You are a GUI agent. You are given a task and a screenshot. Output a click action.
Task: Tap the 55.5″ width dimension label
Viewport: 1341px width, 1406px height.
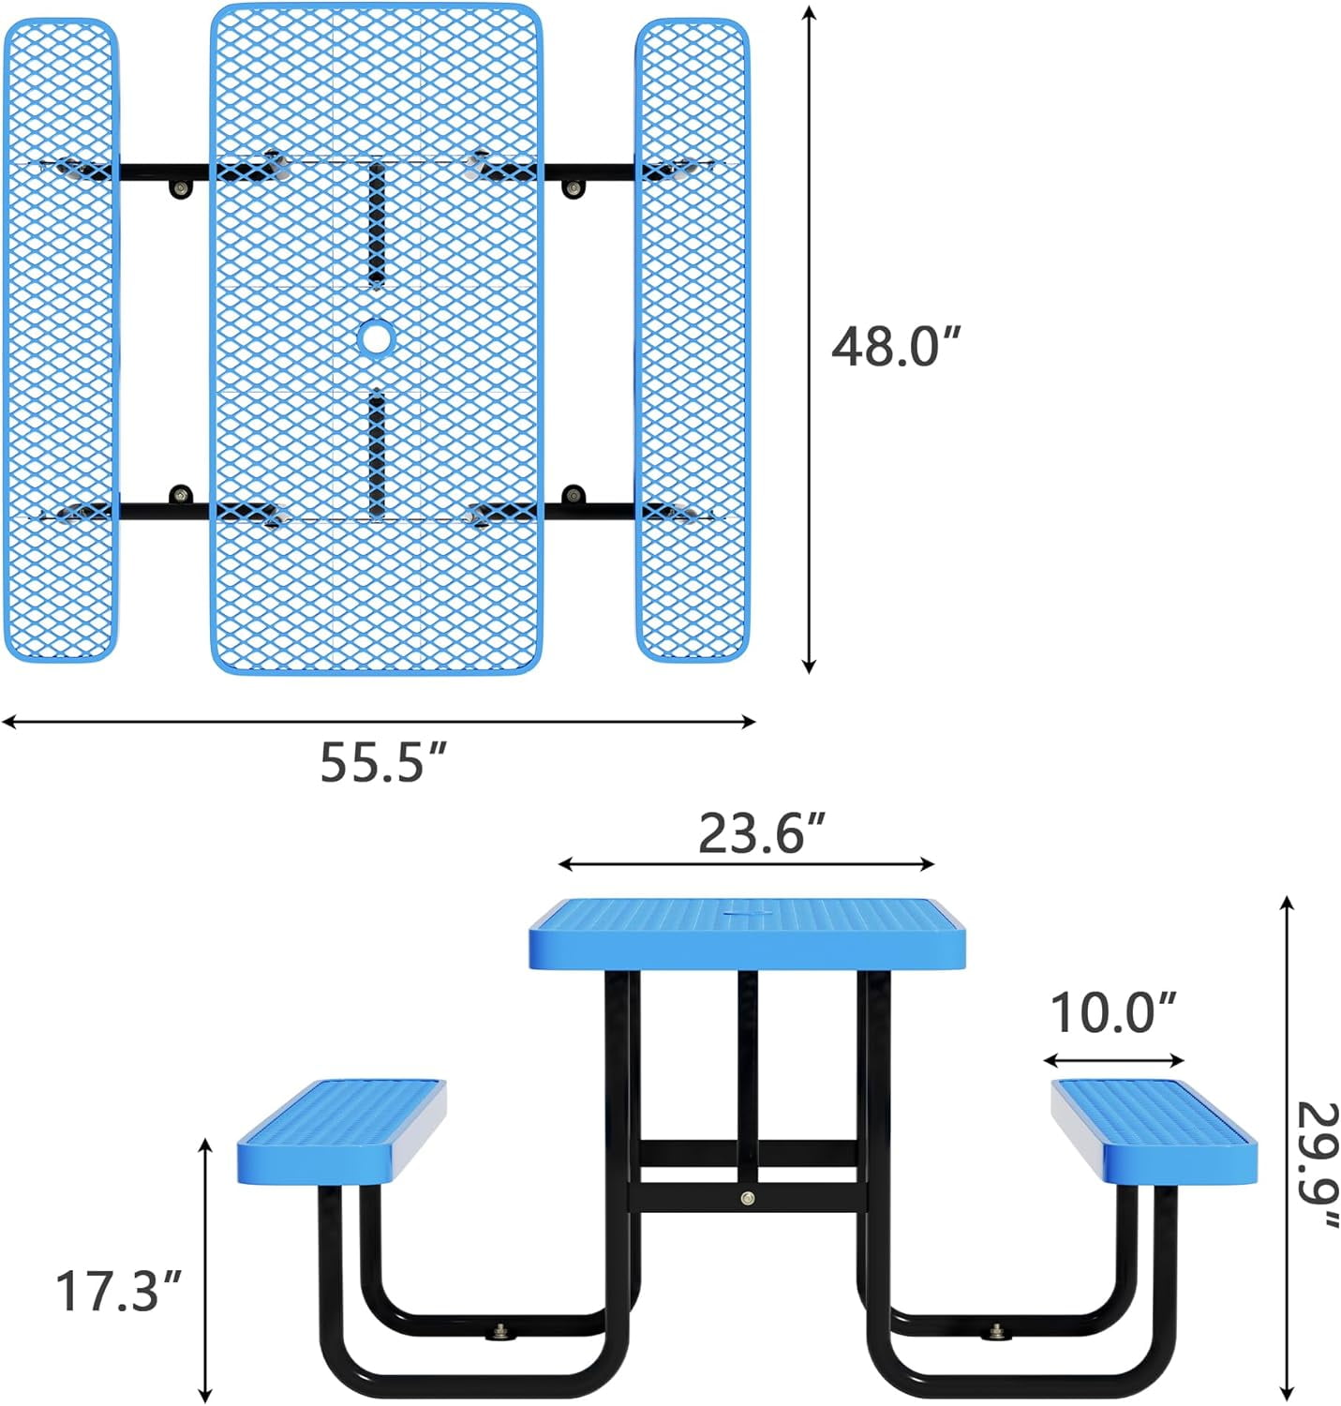(384, 762)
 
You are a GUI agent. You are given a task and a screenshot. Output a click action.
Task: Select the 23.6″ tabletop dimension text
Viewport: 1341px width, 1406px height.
(763, 832)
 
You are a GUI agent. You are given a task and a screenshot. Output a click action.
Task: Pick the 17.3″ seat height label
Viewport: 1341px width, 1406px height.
(118, 1291)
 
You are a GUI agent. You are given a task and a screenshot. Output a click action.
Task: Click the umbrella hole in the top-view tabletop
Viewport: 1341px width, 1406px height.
(377, 337)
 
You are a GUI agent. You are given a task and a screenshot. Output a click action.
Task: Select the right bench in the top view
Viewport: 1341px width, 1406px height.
(692, 339)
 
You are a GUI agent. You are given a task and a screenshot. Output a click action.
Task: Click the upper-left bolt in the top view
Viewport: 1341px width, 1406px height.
(179, 188)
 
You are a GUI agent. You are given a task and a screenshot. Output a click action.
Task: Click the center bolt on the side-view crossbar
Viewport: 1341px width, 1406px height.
(747, 1197)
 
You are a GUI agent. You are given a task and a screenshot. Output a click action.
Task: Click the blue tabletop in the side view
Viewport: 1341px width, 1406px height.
(747, 934)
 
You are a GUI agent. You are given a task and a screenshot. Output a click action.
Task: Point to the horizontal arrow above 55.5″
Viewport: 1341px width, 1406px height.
(378, 721)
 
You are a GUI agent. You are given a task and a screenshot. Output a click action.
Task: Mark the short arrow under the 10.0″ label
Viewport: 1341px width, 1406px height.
(1114, 1061)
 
